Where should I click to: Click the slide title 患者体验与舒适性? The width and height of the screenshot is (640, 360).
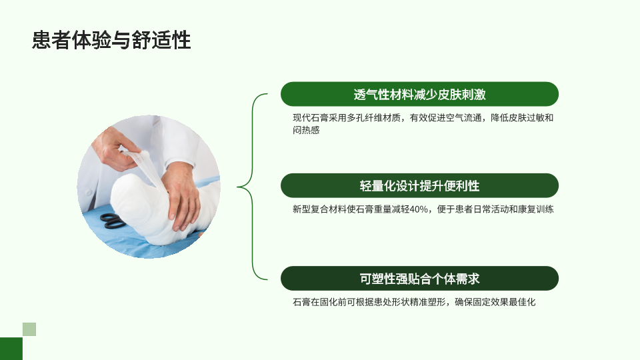pyautogui.click(x=111, y=40)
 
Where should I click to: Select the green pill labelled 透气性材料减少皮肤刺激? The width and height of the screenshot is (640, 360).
pyautogui.click(x=419, y=94)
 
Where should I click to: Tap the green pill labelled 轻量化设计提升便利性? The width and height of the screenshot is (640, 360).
pyautogui.click(x=419, y=186)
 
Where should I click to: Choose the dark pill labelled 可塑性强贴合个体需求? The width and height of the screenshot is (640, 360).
pyautogui.click(x=419, y=279)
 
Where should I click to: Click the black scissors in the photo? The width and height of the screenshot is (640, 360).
pyautogui.click(x=111, y=221)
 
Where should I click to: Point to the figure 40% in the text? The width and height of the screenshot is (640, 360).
pyautogui.click(x=419, y=209)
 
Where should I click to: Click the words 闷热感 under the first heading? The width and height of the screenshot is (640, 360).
pyautogui.click(x=306, y=130)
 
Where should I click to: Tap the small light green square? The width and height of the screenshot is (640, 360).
pyautogui.click(x=29, y=329)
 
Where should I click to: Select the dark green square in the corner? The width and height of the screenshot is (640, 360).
pyautogui.click(x=11, y=349)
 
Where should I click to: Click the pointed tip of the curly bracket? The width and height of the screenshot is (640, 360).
pyautogui.click(x=237, y=187)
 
